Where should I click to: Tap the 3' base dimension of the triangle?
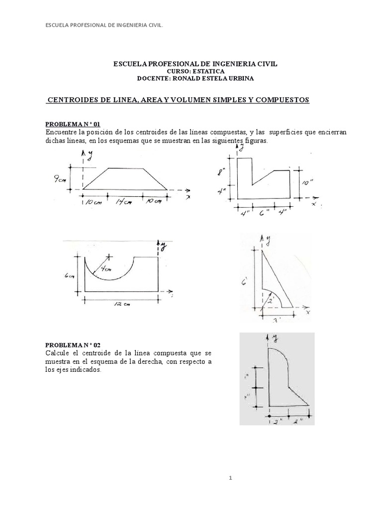point(277,321)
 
